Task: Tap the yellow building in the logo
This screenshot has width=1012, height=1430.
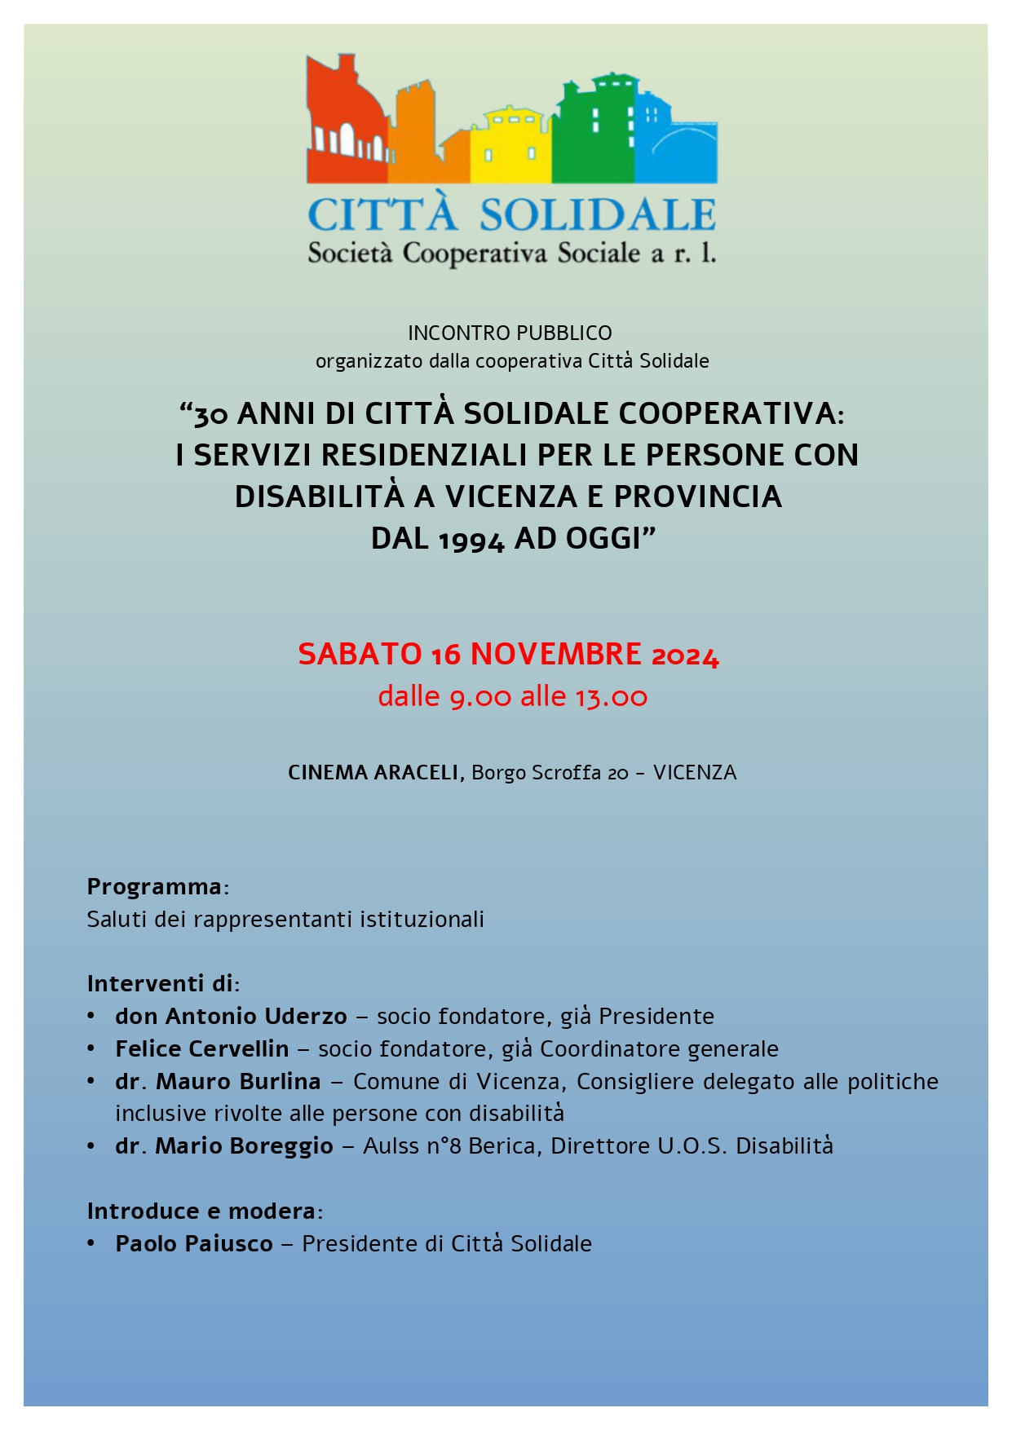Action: point(511,147)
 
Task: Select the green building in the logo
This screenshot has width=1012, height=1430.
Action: point(593,130)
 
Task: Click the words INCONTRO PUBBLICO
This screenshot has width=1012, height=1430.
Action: point(510,333)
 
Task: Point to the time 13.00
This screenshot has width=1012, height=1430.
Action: point(612,697)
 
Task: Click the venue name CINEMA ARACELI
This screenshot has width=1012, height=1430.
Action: point(373,772)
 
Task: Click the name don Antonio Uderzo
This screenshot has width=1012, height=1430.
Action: point(231,1016)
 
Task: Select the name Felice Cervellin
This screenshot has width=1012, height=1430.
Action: point(201,1048)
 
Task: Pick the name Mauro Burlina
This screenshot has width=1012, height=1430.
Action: point(238,1081)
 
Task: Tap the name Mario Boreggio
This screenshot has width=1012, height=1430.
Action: point(244,1145)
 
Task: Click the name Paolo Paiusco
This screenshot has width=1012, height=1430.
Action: point(194,1243)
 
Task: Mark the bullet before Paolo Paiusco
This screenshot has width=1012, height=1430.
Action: point(92,1243)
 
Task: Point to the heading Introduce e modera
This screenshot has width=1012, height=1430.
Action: point(201,1211)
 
